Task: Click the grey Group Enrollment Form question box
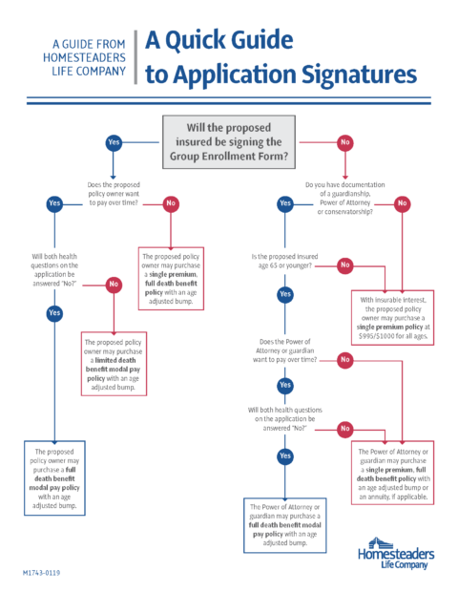[229, 142]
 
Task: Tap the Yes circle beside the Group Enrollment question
[114, 142]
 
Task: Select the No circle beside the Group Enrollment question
[345, 142]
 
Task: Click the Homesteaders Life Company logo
[396, 553]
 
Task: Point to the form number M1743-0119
[41, 573]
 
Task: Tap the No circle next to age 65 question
[345, 265]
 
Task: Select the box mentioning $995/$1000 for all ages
[392, 318]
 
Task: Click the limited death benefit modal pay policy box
[114, 364]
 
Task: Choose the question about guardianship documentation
[345, 199]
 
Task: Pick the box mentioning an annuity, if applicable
[392, 473]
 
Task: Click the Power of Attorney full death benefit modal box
[285, 525]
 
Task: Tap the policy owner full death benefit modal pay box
[54, 478]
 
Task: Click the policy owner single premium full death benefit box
[171, 279]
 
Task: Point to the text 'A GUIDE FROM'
[89, 44]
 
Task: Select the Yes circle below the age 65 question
[285, 294]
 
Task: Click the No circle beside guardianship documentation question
[402, 203]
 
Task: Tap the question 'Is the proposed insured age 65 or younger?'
[285, 261]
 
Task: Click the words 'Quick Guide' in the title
[229, 40]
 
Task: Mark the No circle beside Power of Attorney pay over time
[345, 360]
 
